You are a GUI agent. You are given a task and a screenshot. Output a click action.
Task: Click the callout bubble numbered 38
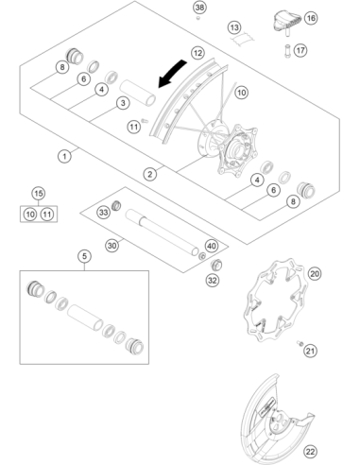click(199, 8)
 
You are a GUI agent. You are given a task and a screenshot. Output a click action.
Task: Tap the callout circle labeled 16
click(311, 18)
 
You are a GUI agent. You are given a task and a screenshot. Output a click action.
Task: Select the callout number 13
click(234, 27)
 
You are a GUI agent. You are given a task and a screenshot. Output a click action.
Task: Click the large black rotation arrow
click(172, 74)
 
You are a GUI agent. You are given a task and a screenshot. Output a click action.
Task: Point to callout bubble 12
click(197, 53)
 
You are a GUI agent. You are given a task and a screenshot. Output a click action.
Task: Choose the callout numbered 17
click(300, 50)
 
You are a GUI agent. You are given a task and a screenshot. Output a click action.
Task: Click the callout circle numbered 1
click(64, 156)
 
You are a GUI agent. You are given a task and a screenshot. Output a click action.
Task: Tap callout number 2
click(149, 174)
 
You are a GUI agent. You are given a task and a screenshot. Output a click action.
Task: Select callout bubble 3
click(123, 103)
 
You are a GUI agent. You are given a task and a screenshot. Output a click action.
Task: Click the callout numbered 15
click(39, 194)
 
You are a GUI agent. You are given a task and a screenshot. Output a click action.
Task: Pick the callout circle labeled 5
click(84, 256)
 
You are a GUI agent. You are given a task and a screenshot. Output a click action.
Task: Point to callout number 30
click(112, 246)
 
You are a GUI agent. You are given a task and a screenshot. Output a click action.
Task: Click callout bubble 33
click(104, 213)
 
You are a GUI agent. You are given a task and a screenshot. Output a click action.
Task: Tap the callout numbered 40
click(212, 246)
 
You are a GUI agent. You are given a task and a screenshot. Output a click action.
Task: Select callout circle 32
click(213, 280)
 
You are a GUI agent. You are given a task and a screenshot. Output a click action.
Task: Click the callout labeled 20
click(315, 274)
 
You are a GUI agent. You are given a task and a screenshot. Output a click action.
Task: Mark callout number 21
click(310, 351)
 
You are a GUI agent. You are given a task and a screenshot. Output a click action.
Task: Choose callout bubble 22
click(310, 452)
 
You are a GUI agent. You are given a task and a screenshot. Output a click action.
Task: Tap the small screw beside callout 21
click(300, 343)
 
